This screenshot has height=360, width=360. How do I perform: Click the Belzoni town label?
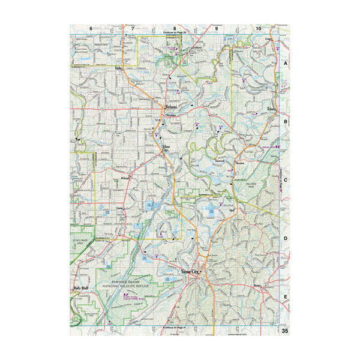[173, 107]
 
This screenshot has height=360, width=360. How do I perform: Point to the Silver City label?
[165, 148]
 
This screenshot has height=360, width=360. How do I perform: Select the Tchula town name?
[271, 109]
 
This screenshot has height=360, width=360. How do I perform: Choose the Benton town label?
[259, 286]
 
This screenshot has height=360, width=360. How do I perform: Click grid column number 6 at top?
[91, 28]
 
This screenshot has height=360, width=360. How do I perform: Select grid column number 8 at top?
[175, 28]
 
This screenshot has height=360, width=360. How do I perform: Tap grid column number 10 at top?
[258, 28]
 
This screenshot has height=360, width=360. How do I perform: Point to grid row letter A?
[286, 63]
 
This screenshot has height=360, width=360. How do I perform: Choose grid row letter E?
[286, 296]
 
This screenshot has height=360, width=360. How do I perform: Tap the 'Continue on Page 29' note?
[175, 33]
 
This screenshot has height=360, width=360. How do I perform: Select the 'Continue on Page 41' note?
[175, 328]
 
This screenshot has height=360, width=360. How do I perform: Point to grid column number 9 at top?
[217, 28]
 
